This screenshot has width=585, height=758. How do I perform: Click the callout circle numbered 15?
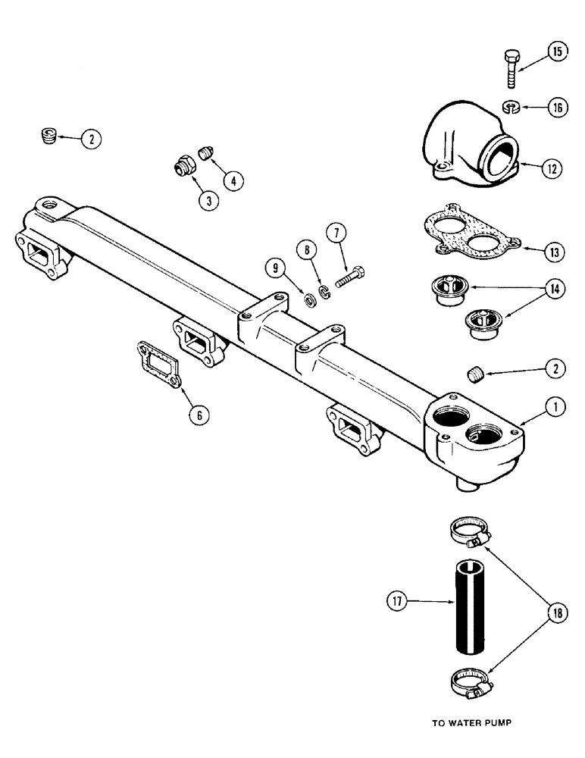point(557,52)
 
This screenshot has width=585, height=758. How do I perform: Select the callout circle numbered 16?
point(557,108)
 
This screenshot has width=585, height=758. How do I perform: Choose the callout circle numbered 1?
point(557,408)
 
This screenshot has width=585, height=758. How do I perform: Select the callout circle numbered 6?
point(198,415)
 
